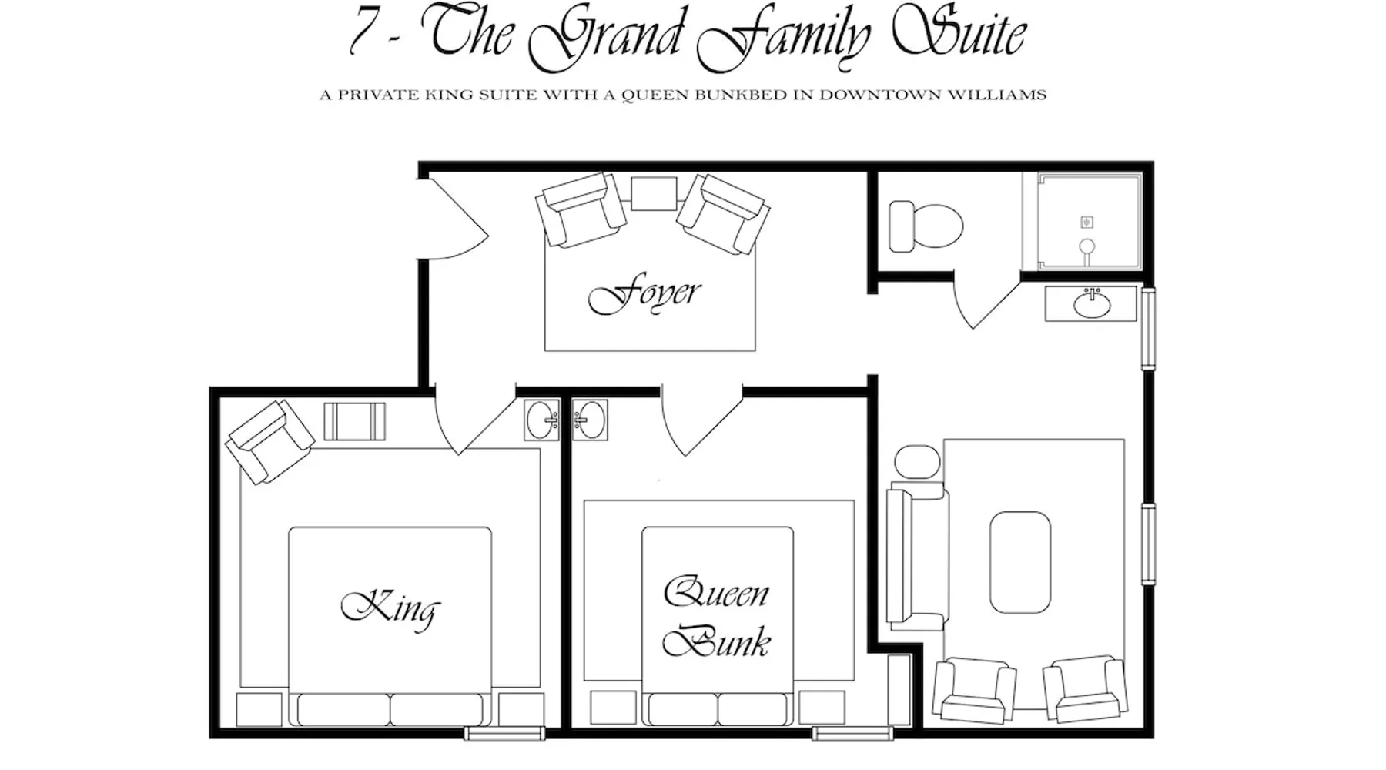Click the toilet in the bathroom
click(926, 226)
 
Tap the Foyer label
click(644, 296)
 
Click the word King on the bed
click(390, 608)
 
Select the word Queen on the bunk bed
click(716, 593)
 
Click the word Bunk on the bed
click(716, 641)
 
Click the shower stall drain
click(1086, 223)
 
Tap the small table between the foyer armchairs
click(654, 193)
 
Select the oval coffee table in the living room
click(1020, 562)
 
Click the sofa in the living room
click(916, 556)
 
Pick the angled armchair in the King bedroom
click(269, 441)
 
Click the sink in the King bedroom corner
click(543, 420)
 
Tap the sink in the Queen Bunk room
click(590, 420)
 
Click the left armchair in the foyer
click(581, 209)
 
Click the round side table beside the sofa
click(917, 461)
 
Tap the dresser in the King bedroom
click(354, 421)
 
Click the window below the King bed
click(505, 734)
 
